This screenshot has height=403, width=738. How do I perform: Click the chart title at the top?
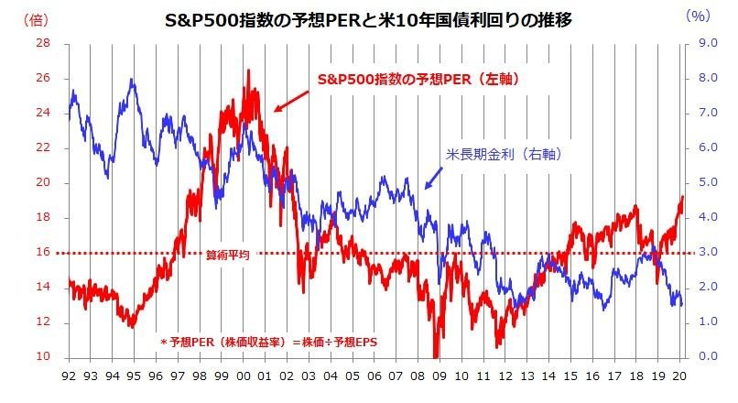coord(369,16)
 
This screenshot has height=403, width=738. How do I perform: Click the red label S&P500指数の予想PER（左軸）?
coord(418,81)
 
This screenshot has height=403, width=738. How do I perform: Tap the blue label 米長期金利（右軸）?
coord(502,155)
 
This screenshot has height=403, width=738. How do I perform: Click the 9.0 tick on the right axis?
coord(705,43)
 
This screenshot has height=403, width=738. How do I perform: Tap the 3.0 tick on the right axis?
coord(705,253)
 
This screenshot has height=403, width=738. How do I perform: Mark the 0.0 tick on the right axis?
coord(705,357)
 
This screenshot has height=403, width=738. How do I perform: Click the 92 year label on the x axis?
coord(70,375)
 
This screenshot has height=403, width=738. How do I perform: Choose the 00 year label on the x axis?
coord(244,375)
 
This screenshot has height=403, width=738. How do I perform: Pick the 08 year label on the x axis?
coord(419,375)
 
